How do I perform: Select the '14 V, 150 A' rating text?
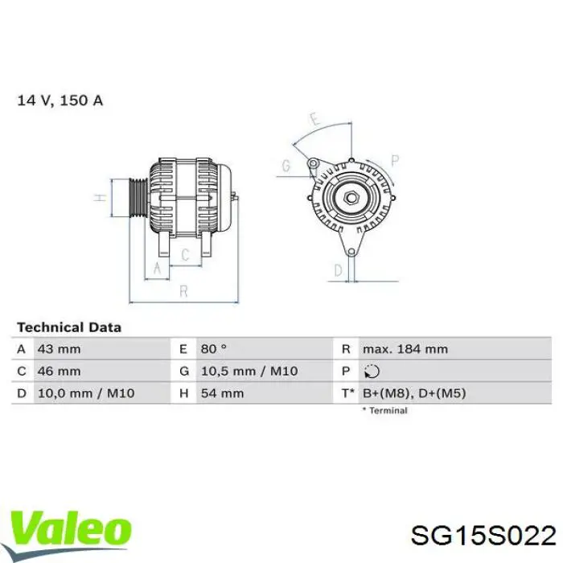[x=60, y=101]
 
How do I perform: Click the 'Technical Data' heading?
[x=69, y=327]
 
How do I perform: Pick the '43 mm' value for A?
[x=59, y=349]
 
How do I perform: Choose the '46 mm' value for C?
[x=59, y=371]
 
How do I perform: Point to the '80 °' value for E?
[x=213, y=349]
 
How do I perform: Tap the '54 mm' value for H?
[x=221, y=392]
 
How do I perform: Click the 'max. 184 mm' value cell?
[x=405, y=349]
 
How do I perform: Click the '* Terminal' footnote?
[x=384, y=410]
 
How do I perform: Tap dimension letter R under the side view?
[x=183, y=290]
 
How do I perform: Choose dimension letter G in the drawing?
[x=286, y=166]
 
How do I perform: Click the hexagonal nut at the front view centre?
[x=351, y=195]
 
